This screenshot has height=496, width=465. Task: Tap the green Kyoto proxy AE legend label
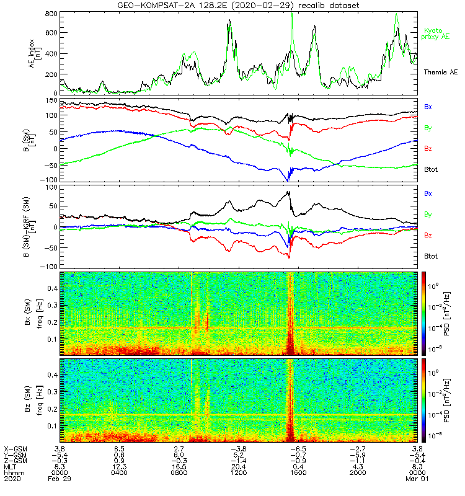437,34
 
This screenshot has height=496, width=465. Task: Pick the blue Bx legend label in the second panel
428,107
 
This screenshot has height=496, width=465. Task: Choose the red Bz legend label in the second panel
428,149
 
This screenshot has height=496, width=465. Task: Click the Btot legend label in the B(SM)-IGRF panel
432,256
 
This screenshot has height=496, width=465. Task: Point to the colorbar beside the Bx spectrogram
425,314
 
